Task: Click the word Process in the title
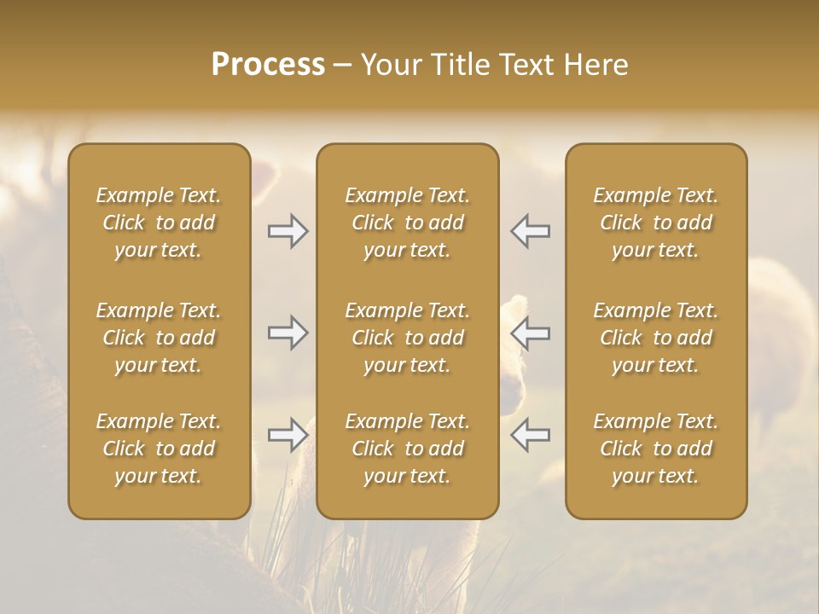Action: click(268, 65)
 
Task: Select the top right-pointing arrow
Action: click(288, 231)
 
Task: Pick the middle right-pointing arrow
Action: click(288, 333)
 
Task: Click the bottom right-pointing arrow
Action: click(288, 435)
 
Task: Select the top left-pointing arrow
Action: click(530, 231)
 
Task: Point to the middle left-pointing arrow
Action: click(530, 333)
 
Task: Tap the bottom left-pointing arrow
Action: click(530, 435)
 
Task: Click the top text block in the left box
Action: click(159, 223)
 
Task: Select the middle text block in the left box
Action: click(159, 338)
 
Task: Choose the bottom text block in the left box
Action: click(159, 449)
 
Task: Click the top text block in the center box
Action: click(407, 223)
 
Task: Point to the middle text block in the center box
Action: click(407, 338)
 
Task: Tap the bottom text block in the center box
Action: click(407, 449)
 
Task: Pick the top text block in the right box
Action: click(655, 223)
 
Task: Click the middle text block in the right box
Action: click(655, 338)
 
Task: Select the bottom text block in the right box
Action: click(655, 449)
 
